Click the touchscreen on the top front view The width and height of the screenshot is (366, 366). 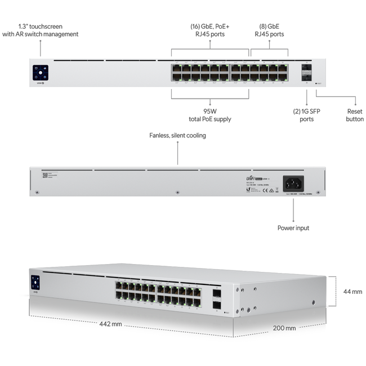40,72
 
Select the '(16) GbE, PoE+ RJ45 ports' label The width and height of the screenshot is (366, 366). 211,30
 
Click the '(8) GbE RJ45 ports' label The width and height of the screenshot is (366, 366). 269,30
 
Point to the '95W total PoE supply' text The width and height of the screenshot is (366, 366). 210,115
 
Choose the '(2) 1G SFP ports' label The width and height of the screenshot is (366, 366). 306,115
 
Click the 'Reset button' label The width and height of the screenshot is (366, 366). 355,115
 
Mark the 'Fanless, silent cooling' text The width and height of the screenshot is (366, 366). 177,136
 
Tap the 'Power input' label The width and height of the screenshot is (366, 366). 293,228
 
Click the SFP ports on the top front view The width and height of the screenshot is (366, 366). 307,72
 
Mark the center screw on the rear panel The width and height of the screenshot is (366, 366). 177,192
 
